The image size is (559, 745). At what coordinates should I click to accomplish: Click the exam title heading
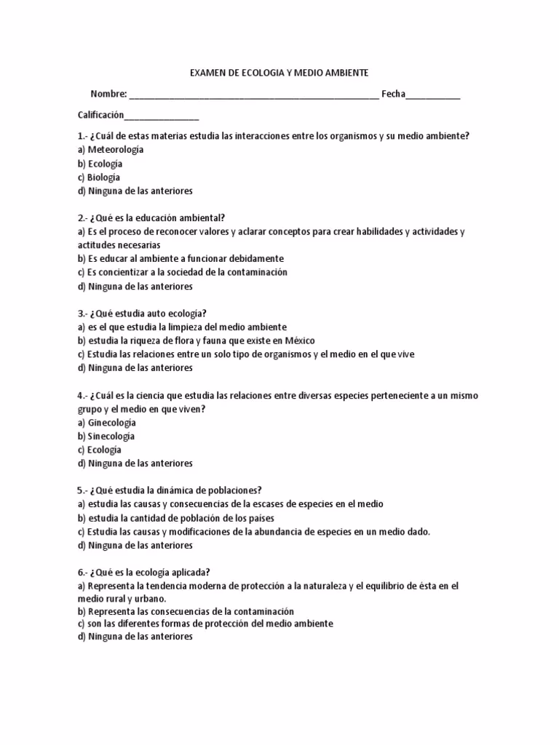click(279, 73)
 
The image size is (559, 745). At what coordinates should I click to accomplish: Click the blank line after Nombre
click(254, 96)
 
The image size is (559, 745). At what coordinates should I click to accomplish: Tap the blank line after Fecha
click(433, 96)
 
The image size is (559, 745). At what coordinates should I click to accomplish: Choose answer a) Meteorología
click(111, 150)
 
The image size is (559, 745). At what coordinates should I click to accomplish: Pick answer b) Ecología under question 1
click(100, 164)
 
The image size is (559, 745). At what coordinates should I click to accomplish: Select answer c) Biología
click(99, 178)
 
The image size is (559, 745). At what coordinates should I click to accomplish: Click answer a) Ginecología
click(107, 423)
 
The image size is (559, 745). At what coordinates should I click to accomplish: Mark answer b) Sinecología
click(106, 437)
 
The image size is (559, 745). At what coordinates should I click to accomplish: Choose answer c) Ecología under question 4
click(100, 450)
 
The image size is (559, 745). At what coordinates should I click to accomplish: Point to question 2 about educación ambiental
click(151, 218)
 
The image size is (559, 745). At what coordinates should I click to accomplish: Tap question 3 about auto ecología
click(138, 314)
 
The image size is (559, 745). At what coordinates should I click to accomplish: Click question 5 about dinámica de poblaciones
click(170, 490)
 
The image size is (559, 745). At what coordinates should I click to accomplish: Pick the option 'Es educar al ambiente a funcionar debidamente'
click(181, 259)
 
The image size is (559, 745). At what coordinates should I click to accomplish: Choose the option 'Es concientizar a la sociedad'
click(183, 272)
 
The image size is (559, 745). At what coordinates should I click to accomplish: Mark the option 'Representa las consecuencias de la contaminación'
click(186, 612)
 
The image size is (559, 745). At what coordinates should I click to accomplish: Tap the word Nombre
click(108, 95)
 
